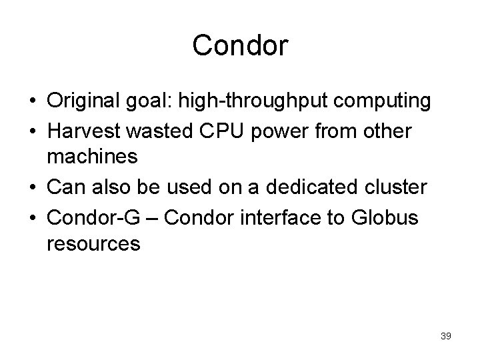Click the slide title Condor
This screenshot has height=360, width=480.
pos(240,46)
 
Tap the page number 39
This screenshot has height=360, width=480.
pos(445,337)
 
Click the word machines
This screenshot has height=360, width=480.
pos(92,158)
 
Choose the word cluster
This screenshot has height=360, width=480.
pos(395,187)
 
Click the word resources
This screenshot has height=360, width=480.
pos(93,244)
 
